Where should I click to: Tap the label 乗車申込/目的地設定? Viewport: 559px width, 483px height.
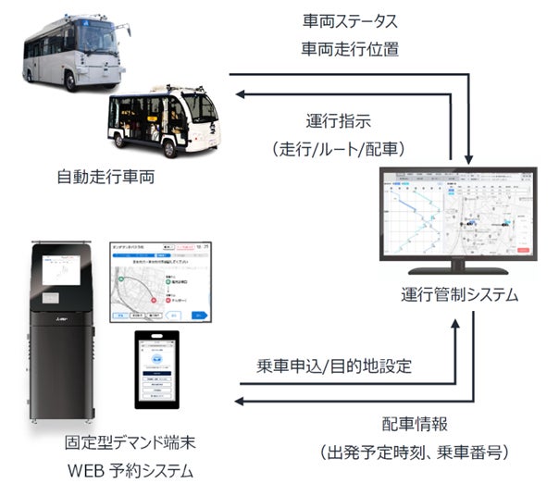coord(342,365)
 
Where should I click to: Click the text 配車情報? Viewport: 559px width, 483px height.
coord(416,424)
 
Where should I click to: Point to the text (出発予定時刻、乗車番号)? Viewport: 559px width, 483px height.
coord(416,452)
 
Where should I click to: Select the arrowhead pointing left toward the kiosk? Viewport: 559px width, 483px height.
coord(238,401)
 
